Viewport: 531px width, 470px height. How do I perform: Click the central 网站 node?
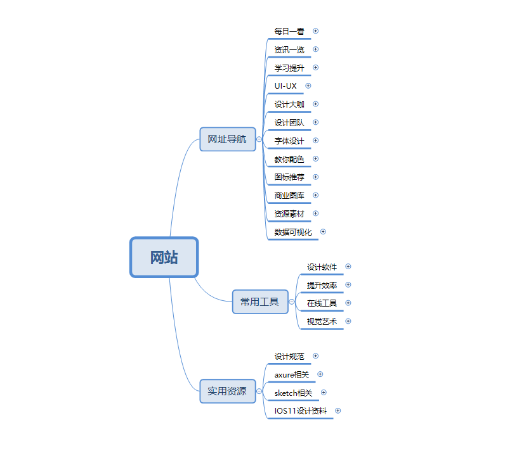tap(164, 257)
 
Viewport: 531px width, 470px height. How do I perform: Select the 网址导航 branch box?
tap(227, 139)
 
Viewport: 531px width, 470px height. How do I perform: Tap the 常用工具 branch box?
tap(260, 302)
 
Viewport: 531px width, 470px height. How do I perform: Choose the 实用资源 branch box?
tap(227, 391)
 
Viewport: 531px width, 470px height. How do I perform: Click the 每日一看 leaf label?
tap(289, 31)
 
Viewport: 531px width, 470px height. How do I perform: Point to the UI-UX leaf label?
tap(285, 86)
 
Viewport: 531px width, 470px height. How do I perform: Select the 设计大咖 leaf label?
tap(289, 104)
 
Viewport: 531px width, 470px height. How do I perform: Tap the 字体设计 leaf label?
tap(289, 141)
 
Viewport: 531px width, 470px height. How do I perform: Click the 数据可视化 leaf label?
tap(293, 232)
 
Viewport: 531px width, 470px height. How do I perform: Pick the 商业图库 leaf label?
tap(289, 195)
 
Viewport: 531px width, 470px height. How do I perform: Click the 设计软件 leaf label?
tap(322, 267)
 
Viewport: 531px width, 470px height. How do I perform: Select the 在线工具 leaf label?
tap(322, 303)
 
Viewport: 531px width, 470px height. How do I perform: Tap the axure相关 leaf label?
tap(292, 374)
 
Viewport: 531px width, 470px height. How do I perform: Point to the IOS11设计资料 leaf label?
tap(301, 410)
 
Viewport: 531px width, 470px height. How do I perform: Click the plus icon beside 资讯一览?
tap(316, 49)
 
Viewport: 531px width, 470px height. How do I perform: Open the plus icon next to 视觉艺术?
tap(348, 321)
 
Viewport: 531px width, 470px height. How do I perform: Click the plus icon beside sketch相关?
tap(324, 393)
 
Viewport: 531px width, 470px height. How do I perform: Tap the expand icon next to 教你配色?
tap(316, 158)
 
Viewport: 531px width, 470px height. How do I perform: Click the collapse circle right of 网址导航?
tap(259, 139)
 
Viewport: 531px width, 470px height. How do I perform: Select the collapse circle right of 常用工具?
tap(292, 302)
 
